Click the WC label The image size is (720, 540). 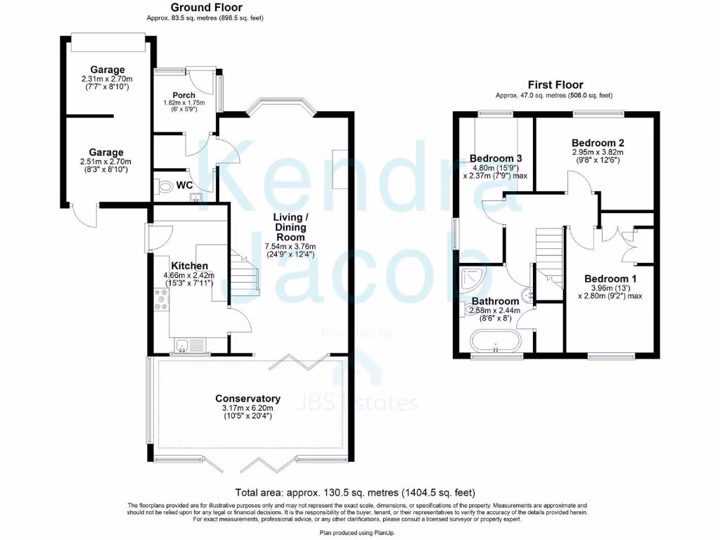tap(185, 186)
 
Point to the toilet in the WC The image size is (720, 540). tap(164, 186)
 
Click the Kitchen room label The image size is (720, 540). tap(189, 266)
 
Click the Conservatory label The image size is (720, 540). tap(247, 399)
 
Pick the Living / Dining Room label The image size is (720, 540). tap(290, 227)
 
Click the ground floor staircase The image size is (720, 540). tap(244, 274)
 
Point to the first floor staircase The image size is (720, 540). tap(548, 253)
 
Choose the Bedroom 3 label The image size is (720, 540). tap(495, 158)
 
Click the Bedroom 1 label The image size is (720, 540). tap(610, 278)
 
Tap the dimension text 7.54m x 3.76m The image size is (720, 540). tap(290, 247)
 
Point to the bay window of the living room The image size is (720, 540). tap(280, 105)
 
